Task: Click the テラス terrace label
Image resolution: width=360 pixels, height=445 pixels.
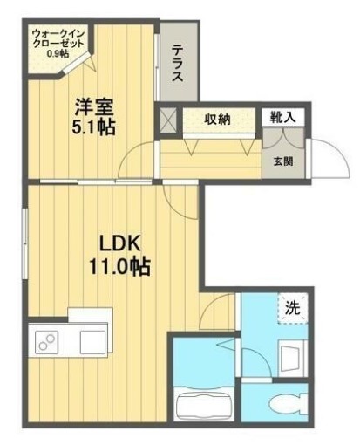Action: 177,63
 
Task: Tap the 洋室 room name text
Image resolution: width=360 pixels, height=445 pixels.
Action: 93,107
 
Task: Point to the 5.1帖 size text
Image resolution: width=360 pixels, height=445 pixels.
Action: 93,127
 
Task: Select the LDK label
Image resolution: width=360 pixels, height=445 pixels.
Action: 119,243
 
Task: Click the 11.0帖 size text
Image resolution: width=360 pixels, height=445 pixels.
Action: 119,266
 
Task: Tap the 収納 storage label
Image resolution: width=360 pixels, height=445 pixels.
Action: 218,119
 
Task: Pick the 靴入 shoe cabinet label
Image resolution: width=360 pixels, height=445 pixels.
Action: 283,117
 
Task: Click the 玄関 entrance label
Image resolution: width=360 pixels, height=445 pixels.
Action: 282,161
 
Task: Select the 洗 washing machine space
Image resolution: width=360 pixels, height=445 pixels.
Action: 292,308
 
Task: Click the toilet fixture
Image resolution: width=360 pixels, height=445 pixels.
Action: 289,403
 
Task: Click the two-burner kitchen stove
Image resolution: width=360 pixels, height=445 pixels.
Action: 47,342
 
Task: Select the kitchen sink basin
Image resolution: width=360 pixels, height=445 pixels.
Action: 92,342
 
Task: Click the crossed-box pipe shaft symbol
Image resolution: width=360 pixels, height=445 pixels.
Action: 168,120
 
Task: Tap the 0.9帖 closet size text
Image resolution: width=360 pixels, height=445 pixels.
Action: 58,53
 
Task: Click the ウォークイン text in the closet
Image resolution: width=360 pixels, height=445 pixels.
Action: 58,34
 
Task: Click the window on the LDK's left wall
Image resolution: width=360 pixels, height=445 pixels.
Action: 25,244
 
